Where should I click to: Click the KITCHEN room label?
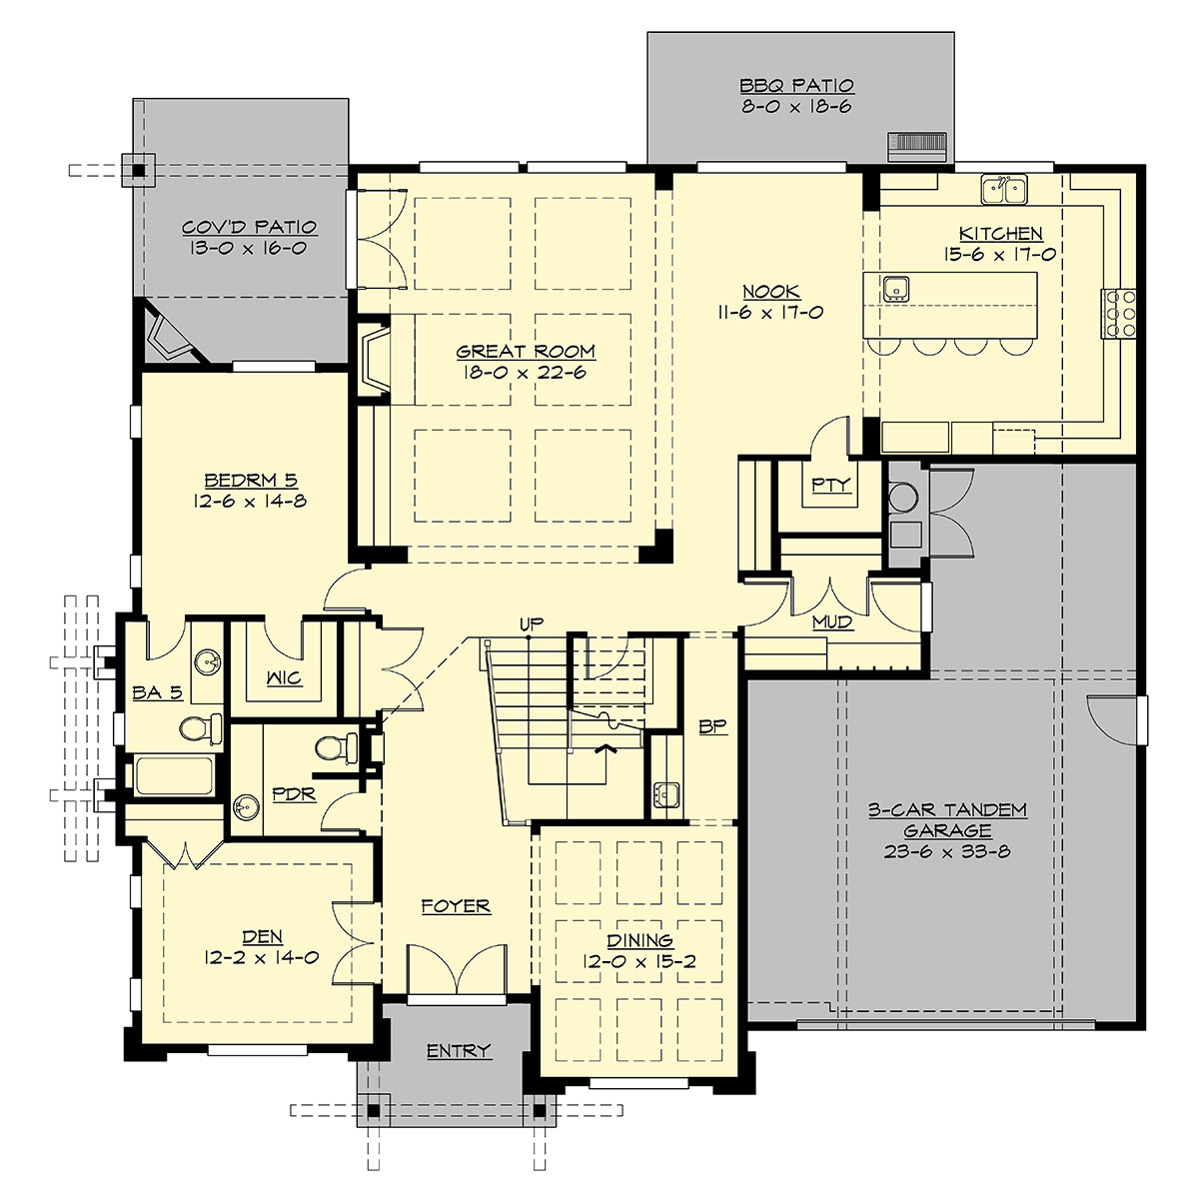(1004, 234)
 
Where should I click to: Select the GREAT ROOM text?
(526, 352)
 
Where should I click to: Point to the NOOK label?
(770, 292)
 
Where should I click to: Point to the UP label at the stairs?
(531, 624)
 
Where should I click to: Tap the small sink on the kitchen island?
(895, 288)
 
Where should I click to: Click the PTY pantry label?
(830, 485)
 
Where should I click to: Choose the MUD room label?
(831, 622)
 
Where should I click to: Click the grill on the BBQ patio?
(915, 145)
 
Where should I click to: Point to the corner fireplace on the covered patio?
(170, 335)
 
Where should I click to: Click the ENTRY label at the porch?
(459, 1050)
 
